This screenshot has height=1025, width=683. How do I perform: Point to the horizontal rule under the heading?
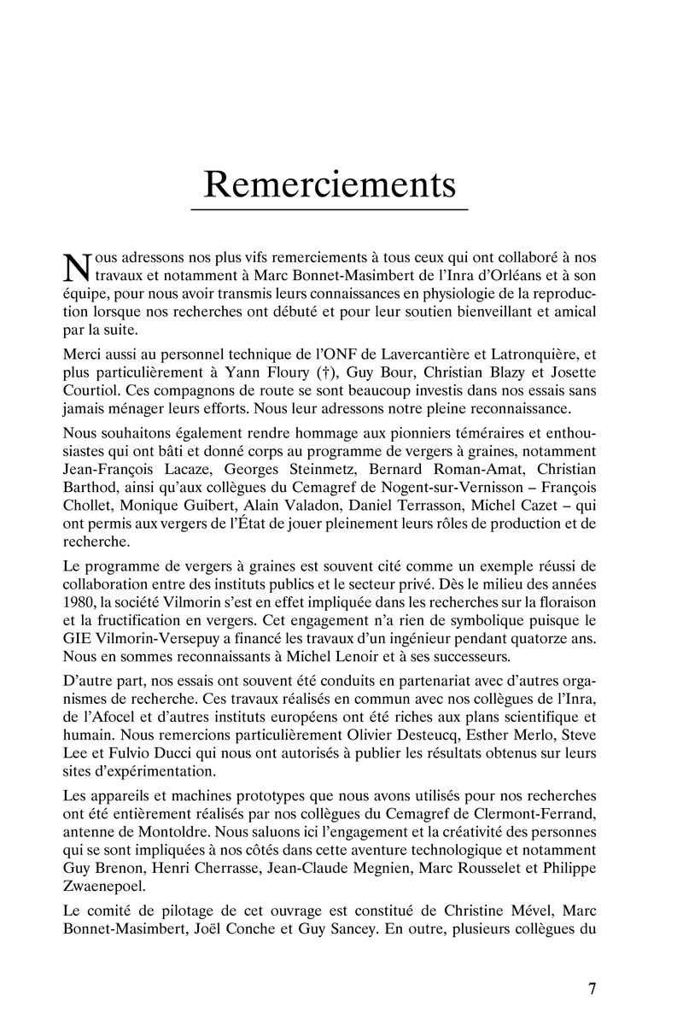[330, 209]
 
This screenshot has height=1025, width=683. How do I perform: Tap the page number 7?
[592, 989]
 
